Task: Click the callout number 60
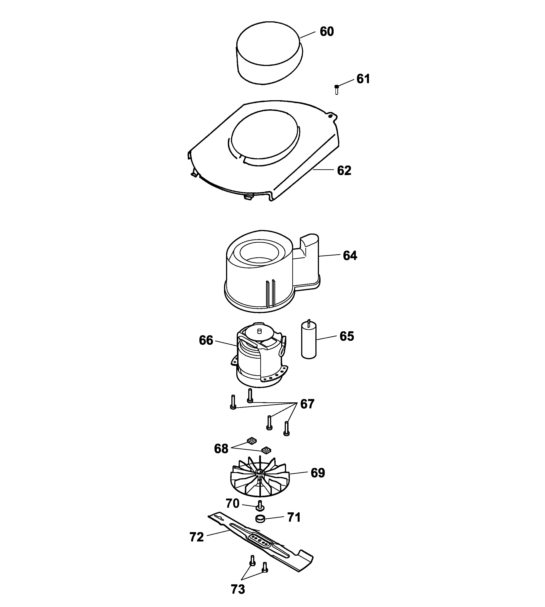[327, 31]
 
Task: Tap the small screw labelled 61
[337, 89]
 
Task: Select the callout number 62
[344, 170]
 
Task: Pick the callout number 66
[206, 340]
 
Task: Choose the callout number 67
[307, 404]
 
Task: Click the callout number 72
[196, 537]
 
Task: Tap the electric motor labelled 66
[259, 356]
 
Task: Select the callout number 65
[347, 336]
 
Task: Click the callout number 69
[318, 473]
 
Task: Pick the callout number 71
[294, 517]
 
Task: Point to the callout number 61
[363, 79]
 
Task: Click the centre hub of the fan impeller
[260, 472]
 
